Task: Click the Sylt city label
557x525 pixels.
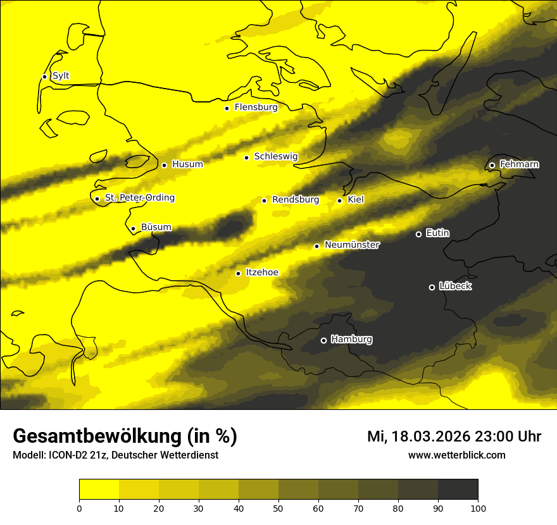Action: [x=61, y=76]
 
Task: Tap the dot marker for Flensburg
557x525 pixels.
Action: [x=227, y=108]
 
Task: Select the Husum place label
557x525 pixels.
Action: [x=187, y=164]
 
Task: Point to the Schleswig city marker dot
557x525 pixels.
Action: [x=247, y=157]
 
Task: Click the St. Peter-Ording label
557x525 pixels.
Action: [x=139, y=198]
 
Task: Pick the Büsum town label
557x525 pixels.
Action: [x=156, y=228]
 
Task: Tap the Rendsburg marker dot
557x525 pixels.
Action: [x=265, y=201]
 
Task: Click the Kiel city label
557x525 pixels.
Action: [x=356, y=200]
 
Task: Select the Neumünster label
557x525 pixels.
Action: [x=352, y=245]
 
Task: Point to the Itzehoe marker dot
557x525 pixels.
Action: [x=238, y=273]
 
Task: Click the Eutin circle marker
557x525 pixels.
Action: [x=418, y=234]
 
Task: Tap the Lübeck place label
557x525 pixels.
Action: [x=456, y=287]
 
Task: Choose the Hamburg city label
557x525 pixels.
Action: [x=351, y=339]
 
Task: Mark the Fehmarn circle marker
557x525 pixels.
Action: [x=492, y=165]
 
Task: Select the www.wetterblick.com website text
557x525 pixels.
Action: [x=456, y=455]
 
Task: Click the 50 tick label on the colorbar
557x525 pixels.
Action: [x=278, y=508]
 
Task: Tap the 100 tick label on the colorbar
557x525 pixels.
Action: [x=478, y=508]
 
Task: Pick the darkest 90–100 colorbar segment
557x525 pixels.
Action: [x=458, y=490]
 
